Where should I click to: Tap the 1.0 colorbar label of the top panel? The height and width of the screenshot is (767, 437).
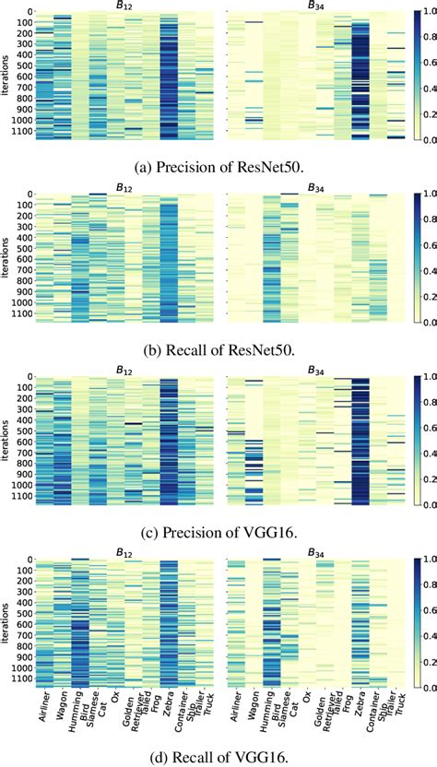(413, 14)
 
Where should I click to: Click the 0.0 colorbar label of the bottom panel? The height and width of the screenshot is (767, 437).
(413, 685)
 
